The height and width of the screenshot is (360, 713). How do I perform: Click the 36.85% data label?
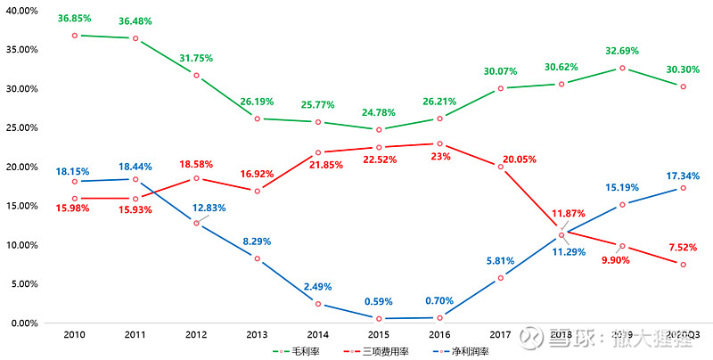(75, 18)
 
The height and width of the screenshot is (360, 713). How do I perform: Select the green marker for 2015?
(378, 129)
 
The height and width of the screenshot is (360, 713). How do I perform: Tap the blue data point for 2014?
(317, 304)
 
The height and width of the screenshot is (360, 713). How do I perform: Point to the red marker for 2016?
(439, 143)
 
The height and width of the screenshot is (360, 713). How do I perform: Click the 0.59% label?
(378, 301)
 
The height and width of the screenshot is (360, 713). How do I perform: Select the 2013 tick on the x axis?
(257, 335)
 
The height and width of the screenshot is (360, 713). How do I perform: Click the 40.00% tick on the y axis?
(21, 11)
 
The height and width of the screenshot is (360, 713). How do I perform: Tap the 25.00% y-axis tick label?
(21, 128)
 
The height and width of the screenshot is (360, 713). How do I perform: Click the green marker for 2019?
(622, 68)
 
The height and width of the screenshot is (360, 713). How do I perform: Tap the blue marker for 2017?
(500, 278)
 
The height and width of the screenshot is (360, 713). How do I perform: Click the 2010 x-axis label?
(74, 335)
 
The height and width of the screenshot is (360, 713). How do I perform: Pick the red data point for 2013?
(257, 191)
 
